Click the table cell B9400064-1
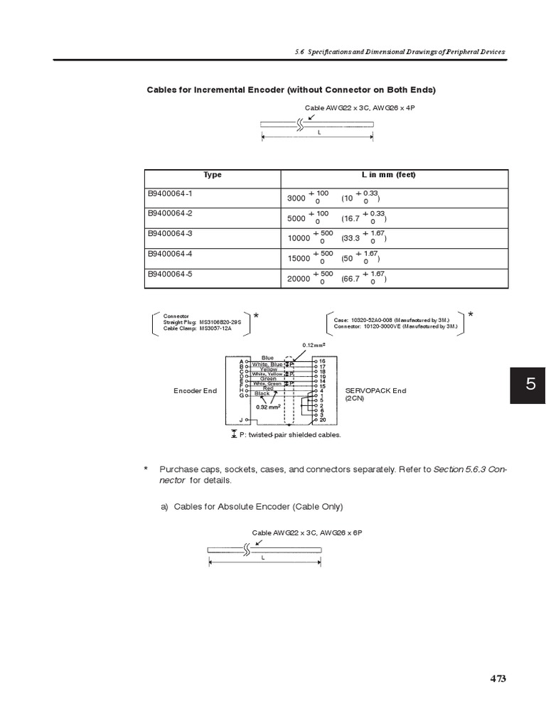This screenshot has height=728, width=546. pos(171,193)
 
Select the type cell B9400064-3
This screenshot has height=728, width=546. pos(171,233)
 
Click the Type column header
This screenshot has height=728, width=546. pos(213,175)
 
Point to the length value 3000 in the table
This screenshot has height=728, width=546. pos(296,199)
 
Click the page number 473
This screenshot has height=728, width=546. pos(498,678)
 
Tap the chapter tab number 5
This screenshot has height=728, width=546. pos(530,385)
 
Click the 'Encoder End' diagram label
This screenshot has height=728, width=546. pos(196,391)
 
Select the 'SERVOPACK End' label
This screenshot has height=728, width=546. pos(375,391)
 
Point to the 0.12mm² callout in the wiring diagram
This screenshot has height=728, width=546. pos(314,345)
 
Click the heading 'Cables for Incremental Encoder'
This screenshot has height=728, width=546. pos(291,90)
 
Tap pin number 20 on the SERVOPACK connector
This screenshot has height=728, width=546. pos(322,420)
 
